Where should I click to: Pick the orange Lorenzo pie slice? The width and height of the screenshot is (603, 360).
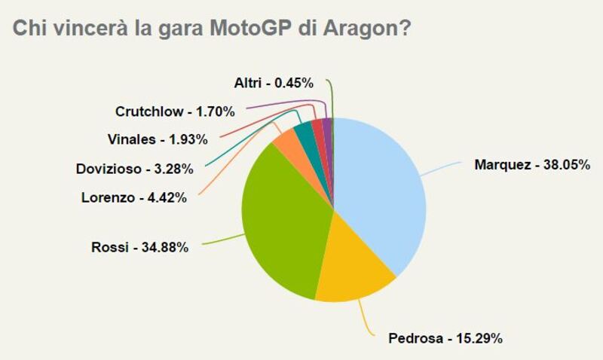(x=286, y=139)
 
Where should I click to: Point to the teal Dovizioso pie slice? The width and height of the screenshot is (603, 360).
(x=304, y=131)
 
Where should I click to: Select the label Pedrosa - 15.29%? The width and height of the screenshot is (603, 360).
(x=445, y=337)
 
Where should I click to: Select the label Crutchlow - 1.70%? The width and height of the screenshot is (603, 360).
(x=175, y=111)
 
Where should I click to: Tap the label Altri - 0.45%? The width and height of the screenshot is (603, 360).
(x=273, y=84)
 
